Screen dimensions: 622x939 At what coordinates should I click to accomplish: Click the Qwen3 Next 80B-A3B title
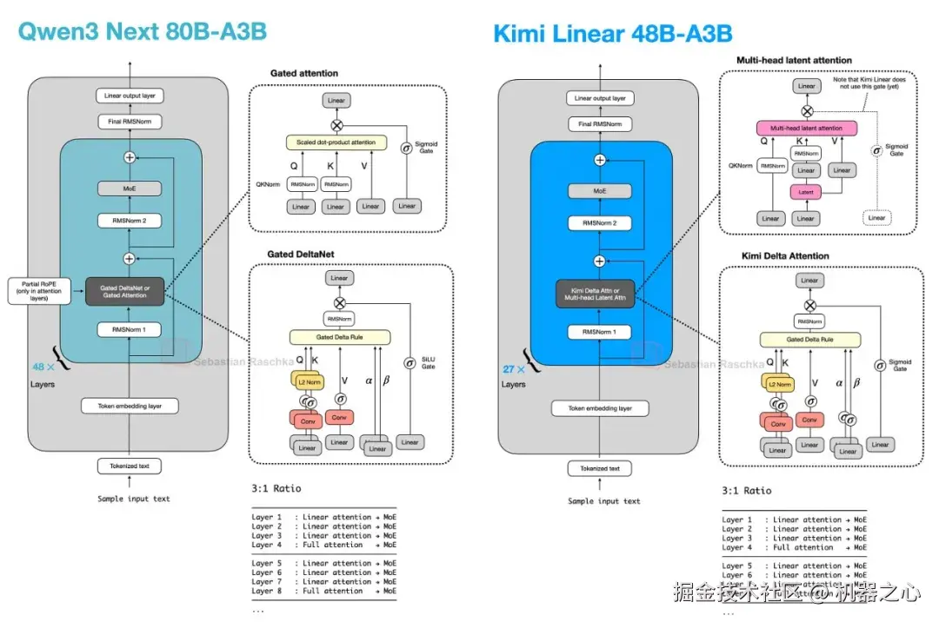coord(142,32)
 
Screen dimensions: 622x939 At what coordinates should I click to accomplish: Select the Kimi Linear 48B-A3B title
coord(612,34)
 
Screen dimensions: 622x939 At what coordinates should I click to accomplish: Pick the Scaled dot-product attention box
coord(336,142)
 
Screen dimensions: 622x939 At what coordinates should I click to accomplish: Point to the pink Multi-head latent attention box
coord(806,128)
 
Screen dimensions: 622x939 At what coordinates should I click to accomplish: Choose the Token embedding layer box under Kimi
coord(600,407)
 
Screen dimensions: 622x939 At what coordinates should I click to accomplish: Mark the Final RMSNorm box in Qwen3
coord(130,122)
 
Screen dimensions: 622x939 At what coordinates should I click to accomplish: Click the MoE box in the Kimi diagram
coord(600,190)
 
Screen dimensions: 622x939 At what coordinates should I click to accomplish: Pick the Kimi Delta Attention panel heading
coord(785,255)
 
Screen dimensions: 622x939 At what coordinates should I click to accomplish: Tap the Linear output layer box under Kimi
coord(600,98)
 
